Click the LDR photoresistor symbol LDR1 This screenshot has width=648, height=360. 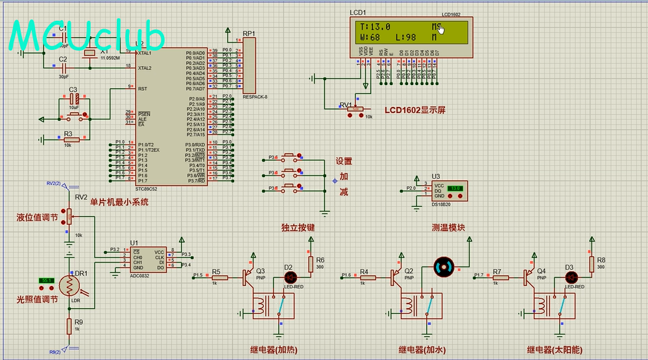click(69, 285)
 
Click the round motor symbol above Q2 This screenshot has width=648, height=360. click(444, 266)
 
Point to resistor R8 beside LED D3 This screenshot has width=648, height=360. click(592, 263)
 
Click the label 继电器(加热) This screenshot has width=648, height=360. click(274, 350)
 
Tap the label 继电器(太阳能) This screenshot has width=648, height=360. click(555, 350)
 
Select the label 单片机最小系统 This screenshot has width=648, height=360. click(119, 202)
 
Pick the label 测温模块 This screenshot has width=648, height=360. click(448, 228)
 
